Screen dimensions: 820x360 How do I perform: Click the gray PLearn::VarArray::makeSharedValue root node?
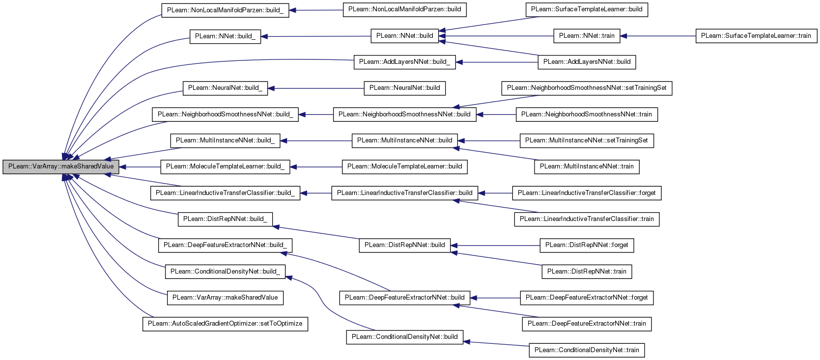[61, 167]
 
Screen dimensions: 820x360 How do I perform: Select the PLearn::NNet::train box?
[587, 36]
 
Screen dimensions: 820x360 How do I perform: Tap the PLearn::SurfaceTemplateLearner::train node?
[756, 36]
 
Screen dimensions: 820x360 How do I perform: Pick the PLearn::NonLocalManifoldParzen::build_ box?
[225, 10]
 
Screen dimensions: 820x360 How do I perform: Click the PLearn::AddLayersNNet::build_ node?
[404, 62]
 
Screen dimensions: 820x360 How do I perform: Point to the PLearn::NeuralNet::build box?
[404, 88]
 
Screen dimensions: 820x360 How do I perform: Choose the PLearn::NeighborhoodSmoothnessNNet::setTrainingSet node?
[587, 88]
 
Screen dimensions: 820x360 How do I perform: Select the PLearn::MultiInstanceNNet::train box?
[587, 167]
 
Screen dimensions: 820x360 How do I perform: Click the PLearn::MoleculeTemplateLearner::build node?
[404, 167]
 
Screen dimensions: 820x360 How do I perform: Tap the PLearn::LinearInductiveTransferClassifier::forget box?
[587, 193]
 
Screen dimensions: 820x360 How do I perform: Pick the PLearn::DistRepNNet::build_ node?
[225, 219]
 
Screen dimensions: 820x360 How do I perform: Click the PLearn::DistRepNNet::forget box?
[587, 245]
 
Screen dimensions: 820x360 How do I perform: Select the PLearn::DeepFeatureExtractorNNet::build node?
[404, 298]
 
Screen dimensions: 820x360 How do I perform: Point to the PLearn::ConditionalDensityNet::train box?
[587, 350]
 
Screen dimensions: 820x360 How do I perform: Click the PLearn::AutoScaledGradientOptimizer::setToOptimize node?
[225, 324]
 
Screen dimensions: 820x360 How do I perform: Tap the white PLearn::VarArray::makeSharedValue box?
[225, 298]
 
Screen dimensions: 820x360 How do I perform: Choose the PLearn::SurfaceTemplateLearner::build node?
[587, 9]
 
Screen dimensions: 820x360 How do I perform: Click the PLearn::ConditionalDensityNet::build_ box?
[225, 272]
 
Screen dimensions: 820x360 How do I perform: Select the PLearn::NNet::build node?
[404, 36]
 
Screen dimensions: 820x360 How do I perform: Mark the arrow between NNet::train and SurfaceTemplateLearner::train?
[658, 36]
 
